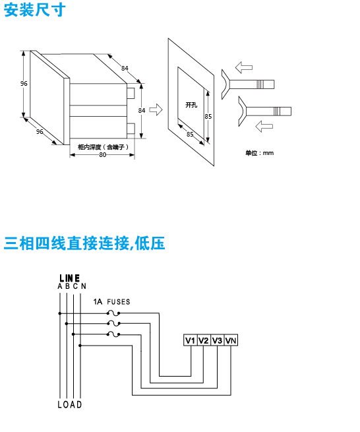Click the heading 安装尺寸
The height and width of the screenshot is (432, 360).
pos(35,10)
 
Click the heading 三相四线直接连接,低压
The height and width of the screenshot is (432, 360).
pos(84,243)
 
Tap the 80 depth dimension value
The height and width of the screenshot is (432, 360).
pos(102,155)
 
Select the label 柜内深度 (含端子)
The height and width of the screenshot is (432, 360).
pos(103,147)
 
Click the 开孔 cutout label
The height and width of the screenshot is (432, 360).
pos(191,105)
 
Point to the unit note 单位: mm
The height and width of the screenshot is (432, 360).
pos(260,153)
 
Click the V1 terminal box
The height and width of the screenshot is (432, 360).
pos(191,340)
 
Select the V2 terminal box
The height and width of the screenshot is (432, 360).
pos(204,340)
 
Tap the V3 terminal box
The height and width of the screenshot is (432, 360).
pos(217,340)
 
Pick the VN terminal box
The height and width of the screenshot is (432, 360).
pos(231,340)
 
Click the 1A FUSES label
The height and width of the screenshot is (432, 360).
pos(111,302)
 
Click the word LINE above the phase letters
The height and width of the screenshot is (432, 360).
pos(70,278)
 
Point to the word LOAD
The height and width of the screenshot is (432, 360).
pos(70,404)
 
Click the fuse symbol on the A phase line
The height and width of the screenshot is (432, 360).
pos(113,313)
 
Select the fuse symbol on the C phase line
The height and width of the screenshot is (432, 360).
pos(113,334)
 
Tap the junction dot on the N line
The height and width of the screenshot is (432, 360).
pos(80,346)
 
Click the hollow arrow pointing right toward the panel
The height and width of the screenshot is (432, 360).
pos(156,109)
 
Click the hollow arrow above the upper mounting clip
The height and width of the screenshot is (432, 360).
pos(244,67)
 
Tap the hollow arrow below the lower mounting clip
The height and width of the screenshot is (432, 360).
pos(264,127)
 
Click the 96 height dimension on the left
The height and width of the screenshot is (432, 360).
pos(24,83)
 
